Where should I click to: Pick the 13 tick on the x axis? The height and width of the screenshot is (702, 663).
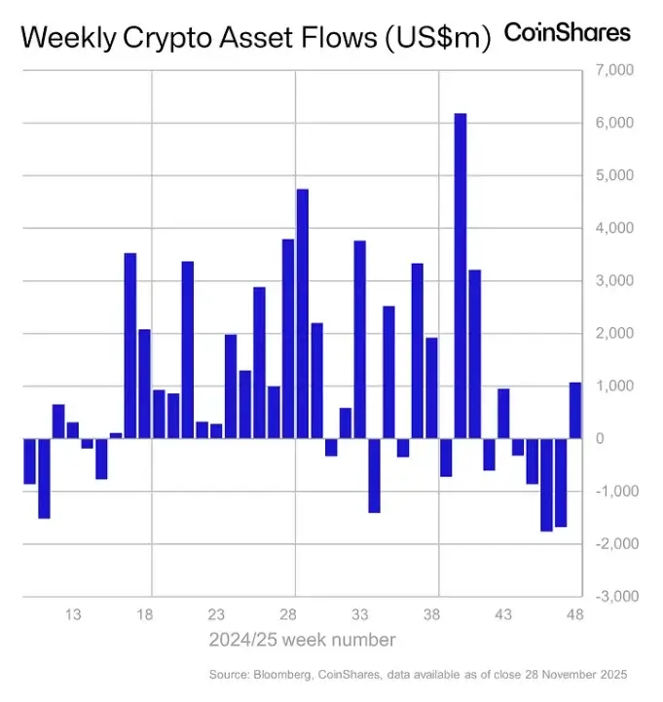pos(72,615)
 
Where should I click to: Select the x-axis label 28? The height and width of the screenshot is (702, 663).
pos(288,615)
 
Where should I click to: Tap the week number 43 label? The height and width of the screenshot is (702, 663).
pos(503,615)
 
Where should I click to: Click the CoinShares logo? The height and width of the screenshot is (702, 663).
pos(567,33)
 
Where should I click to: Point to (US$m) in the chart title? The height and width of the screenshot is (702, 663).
pos(434,39)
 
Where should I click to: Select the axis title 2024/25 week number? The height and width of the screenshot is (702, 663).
pos(302,640)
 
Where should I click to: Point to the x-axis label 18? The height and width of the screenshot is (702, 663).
pos(144,615)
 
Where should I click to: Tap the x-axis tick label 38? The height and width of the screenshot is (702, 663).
pos(431,615)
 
